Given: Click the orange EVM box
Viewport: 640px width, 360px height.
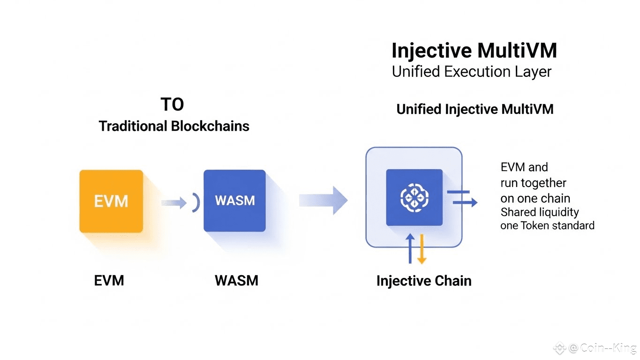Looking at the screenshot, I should [111, 201].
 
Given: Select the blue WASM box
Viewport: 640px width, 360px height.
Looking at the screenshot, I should [234, 201].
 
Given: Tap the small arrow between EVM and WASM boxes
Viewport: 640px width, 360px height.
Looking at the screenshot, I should [174, 202].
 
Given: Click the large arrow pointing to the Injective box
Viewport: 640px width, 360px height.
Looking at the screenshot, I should [324, 200].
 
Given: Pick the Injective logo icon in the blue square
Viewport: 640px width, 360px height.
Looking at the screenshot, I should [414, 197].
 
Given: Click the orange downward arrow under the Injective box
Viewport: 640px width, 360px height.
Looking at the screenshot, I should [421, 248].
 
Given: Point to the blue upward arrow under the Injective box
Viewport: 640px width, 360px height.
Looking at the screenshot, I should [410, 248].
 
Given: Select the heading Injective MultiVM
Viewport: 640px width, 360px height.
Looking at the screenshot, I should [474, 51].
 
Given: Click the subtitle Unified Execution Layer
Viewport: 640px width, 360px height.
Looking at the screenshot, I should [471, 72].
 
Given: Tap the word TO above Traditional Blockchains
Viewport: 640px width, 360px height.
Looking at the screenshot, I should [172, 105].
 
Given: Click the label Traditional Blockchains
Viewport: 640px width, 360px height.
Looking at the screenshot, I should [174, 126].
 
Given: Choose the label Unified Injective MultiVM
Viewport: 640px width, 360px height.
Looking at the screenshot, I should [474, 109].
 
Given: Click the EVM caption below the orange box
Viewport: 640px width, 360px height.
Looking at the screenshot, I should [109, 280].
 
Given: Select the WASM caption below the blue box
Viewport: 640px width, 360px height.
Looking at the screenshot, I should [236, 280].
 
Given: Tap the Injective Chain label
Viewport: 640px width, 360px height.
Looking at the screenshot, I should [423, 281].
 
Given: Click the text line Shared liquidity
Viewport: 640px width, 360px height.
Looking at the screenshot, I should [539, 212].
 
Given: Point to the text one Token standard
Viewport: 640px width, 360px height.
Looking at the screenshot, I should [547, 225].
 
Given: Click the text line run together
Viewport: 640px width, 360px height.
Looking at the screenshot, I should [533, 183].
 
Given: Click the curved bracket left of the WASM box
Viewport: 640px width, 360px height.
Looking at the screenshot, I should [196, 203].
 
